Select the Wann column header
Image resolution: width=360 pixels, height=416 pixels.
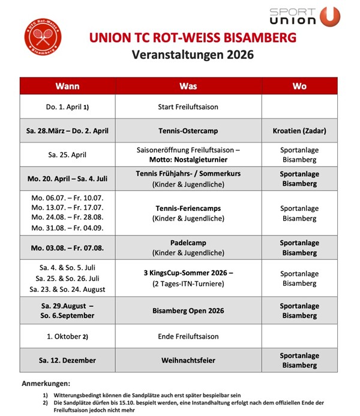(67, 86)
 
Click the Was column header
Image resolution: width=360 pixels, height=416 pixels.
(188, 86)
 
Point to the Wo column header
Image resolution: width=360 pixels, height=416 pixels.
(299, 86)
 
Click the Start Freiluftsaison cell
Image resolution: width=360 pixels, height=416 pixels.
(188, 107)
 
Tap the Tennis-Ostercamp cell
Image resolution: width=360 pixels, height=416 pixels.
(188, 130)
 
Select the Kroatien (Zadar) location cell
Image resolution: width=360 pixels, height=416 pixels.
(299, 130)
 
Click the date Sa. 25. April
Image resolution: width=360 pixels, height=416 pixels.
(67, 154)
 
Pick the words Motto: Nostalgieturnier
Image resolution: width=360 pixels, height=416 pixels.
(188, 160)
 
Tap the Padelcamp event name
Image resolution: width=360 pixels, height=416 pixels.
(188, 242)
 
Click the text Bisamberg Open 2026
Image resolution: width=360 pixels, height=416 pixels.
(188, 310)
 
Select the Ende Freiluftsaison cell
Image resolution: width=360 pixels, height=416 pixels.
(188, 336)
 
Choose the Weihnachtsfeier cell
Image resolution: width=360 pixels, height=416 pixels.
(188, 360)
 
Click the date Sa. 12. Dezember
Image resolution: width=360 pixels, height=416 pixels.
(67, 360)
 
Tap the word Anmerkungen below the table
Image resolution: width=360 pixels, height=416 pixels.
(46, 382)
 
